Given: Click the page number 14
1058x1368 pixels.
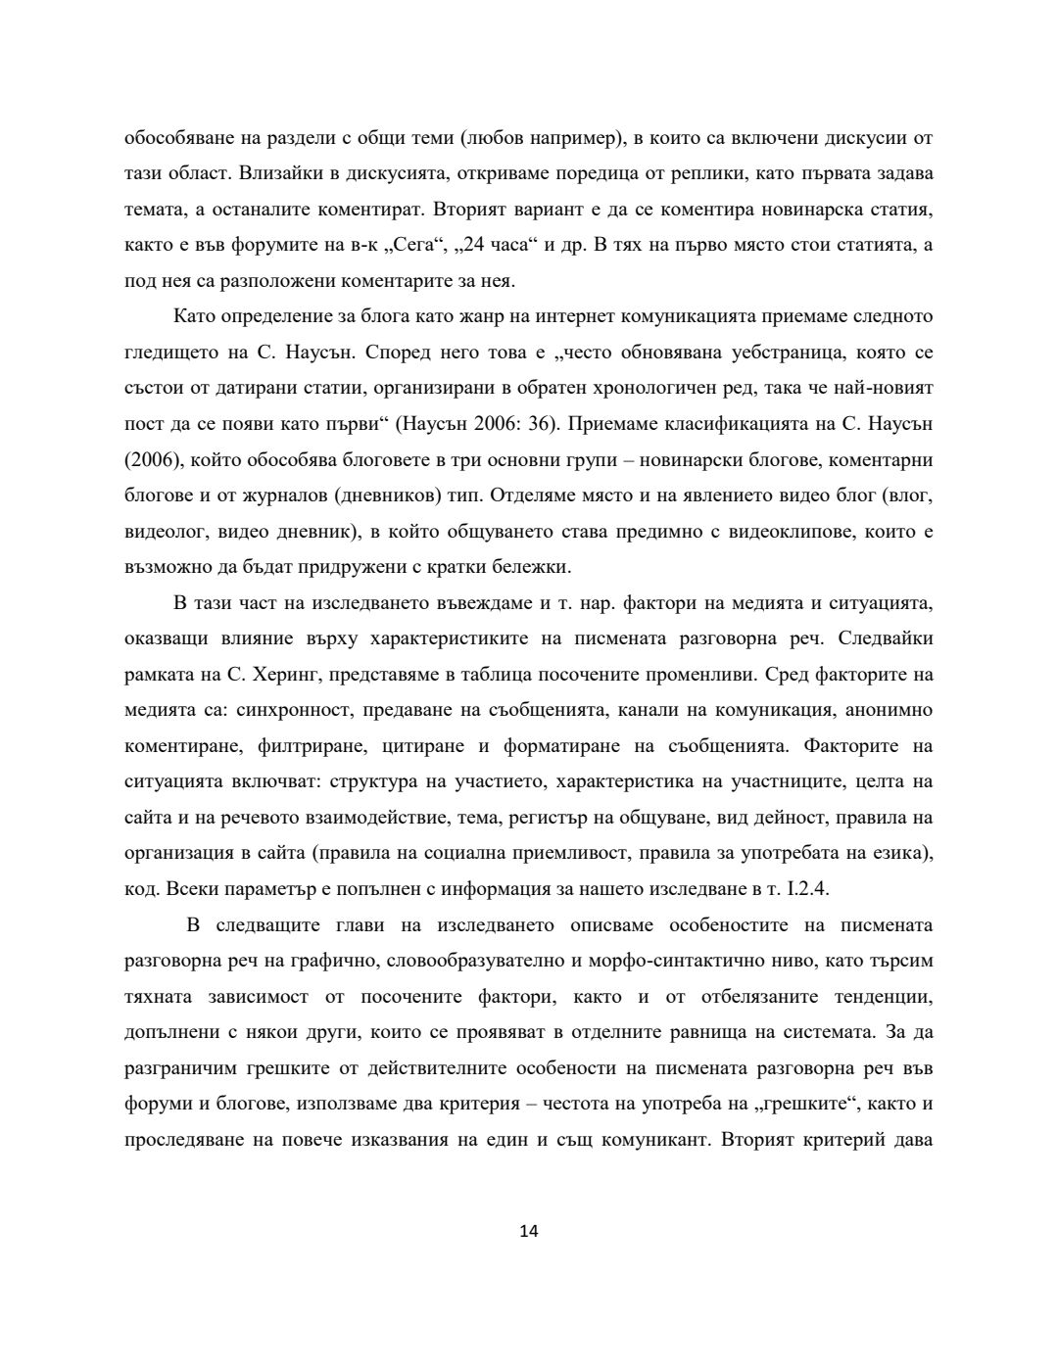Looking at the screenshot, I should [x=529, y=1231].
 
